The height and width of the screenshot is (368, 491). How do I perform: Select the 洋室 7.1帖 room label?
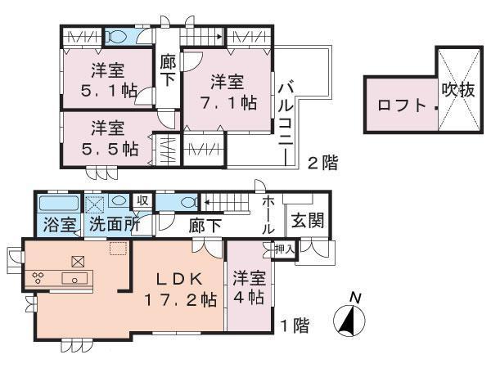227,92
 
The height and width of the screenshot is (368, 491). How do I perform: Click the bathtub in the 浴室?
58,203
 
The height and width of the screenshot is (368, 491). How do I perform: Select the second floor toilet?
115,37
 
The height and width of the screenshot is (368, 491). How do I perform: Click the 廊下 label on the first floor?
199,222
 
